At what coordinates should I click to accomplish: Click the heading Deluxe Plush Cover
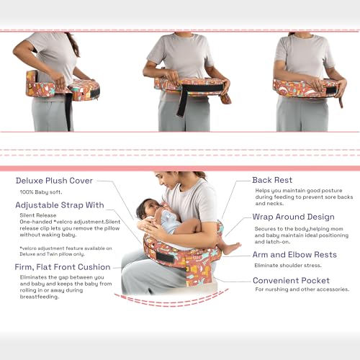pyautogui.click(x=55, y=181)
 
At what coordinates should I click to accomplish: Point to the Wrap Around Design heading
pyautogui.click(x=293, y=216)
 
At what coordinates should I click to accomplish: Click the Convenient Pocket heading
pyautogui.click(x=290, y=279)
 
